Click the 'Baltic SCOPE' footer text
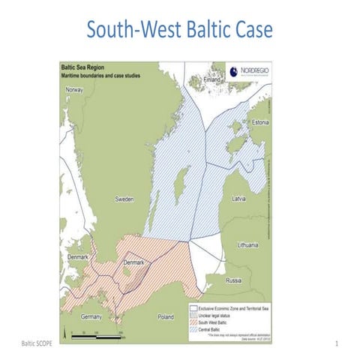(32, 343)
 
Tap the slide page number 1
(338, 343)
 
